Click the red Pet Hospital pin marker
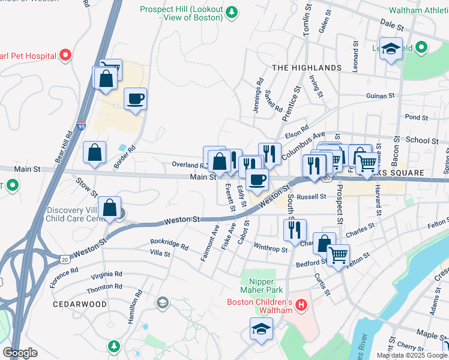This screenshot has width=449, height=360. [x=65, y=56]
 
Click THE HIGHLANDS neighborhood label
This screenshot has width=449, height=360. [x=307, y=68]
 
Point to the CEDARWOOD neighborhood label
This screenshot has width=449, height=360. [x=79, y=304]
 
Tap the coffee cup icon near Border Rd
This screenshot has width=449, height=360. [x=136, y=98]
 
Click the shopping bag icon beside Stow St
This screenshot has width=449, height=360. [x=95, y=153]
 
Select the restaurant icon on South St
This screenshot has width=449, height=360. [x=295, y=229]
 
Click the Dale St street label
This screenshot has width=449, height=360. [x=393, y=22]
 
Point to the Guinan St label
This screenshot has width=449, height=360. [x=381, y=95]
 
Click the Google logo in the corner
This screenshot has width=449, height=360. [x=20, y=353]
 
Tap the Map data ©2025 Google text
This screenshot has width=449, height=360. [x=412, y=355]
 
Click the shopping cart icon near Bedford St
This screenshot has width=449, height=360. [x=339, y=254]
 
